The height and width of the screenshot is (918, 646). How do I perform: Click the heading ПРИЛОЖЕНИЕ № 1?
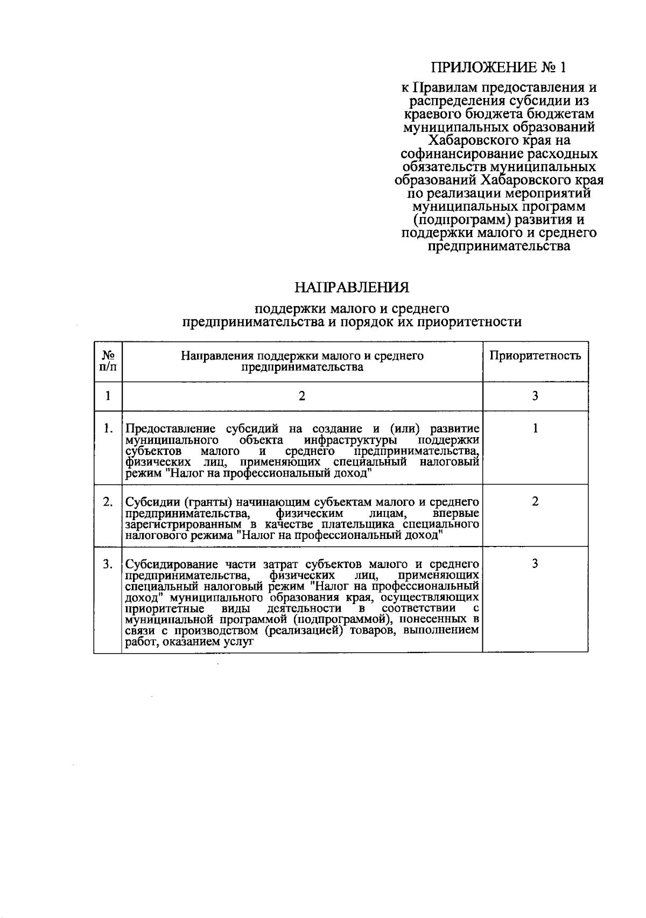pos(499,68)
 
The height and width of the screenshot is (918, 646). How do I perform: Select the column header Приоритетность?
pos(535,356)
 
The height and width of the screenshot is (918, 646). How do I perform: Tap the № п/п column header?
pos(108,361)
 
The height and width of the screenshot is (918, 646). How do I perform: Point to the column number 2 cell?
pos(302,396)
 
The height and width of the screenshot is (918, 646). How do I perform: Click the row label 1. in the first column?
pos(108,429)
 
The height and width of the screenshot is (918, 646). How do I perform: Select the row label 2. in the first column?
pos(108,502)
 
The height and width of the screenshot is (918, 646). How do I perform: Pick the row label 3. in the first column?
pos(108,564)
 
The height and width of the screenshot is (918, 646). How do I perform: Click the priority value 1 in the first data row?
pos(535,429)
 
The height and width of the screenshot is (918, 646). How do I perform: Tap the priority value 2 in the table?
pos(535,502)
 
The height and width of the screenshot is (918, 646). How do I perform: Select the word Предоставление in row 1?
pos(170,430)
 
